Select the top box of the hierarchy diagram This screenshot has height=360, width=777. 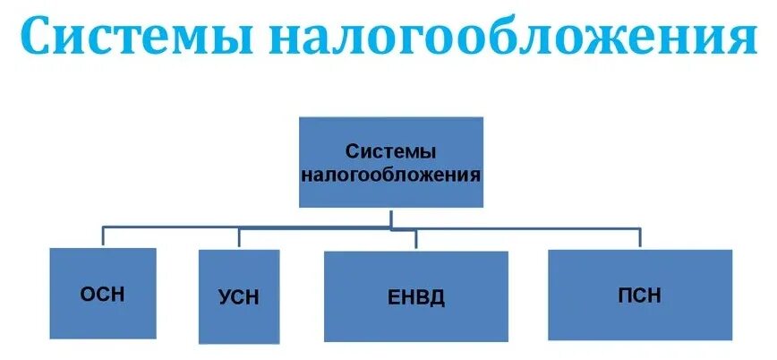pos(390,162)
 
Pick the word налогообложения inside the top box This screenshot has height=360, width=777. pos(390,175)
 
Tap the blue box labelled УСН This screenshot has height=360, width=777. pos(238,296)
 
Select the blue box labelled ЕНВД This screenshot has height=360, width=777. pos(415,296)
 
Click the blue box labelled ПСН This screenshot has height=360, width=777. pos(639,295)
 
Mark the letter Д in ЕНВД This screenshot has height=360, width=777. pos(438,297)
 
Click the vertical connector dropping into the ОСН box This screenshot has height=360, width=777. pos(102,236)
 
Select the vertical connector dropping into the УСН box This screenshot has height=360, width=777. pos(238,237)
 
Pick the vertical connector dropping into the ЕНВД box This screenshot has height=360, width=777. pos(415,240)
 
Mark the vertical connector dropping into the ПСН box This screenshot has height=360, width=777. pos(639,237)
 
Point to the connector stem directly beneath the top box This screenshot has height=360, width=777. pos(390,217)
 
